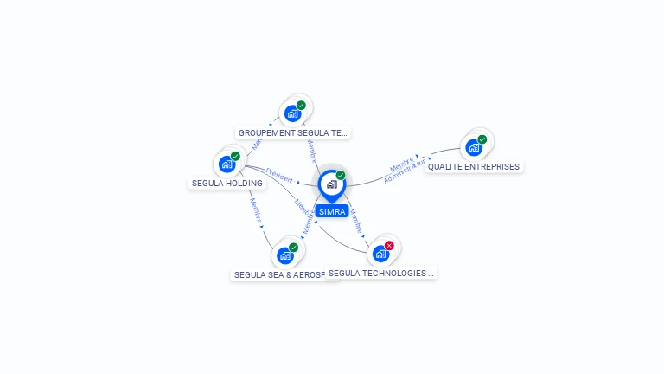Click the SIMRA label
tap(331, 211)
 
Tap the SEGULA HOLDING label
tap(227, 184)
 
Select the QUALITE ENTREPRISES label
tap(474, 167)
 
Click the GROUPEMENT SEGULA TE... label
tap(292, 133)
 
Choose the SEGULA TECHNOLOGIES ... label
tap(381, 274)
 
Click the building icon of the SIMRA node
tap(331, 184)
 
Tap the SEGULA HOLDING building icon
tap(227, 164)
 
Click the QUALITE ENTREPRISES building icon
tap(473, 147)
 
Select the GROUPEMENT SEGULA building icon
tap(292, 113)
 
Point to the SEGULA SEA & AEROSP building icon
tap(284, 255)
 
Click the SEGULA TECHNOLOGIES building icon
tap(380, 254)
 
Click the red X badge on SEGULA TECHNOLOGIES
tap(389, 246)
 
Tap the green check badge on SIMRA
tap(341, 176)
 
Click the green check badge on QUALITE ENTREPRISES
tap(482, 139)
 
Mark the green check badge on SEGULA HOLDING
tap(235, 156)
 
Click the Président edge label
tap(279, 175)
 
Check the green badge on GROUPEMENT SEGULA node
tap(301, 106)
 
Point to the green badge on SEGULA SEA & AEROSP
tap(293, 248)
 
